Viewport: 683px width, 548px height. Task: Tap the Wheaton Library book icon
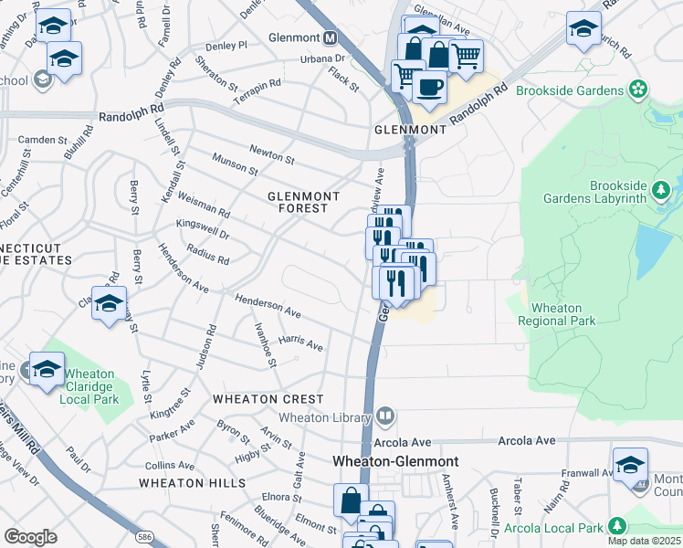386,417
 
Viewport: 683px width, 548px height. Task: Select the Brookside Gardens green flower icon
638,90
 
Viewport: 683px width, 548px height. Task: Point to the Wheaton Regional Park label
556,314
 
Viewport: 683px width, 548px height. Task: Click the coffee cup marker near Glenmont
428,87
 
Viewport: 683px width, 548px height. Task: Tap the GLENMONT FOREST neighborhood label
303,202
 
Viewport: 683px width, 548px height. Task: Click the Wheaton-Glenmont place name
394,462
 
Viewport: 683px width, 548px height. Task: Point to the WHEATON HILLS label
192,482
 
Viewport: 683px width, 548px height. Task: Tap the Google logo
30,537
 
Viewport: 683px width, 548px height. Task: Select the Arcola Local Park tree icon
617,526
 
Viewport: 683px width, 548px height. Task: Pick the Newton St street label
271,153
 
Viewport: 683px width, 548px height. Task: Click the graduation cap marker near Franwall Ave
630,465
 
